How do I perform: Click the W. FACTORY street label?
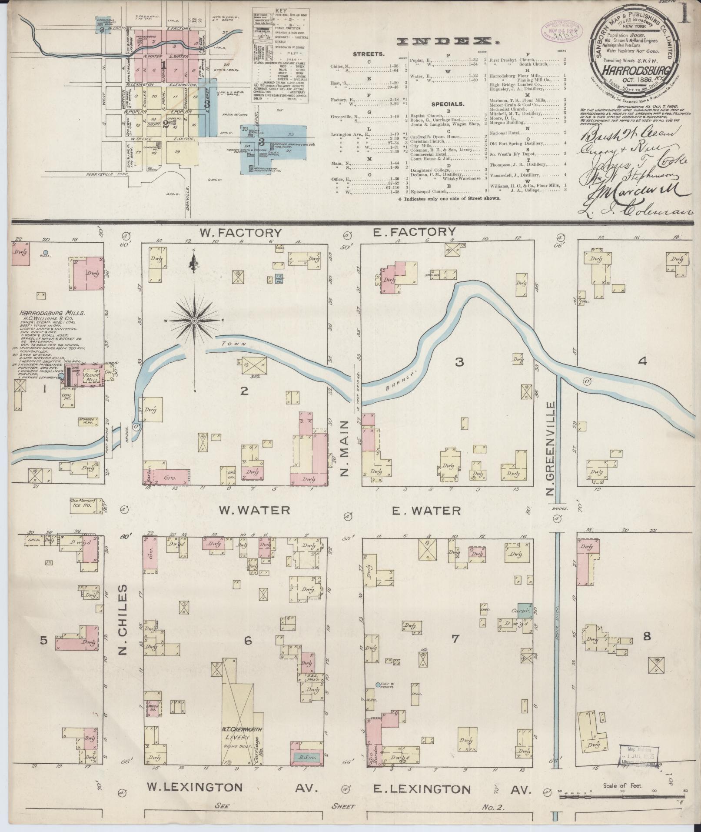click(240, 233)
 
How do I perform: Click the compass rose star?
click(194, 321)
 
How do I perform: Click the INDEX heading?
click(449, 42)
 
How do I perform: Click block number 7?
click(455, 638)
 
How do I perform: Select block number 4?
click(642, 361)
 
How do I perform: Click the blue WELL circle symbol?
click(46, 252)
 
